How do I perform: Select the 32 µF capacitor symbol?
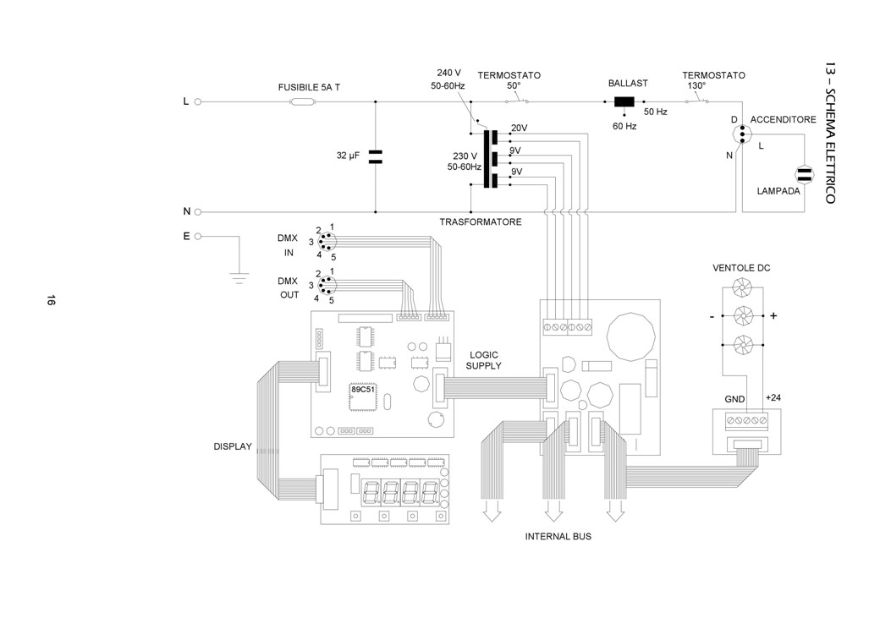click(x=376, y=156)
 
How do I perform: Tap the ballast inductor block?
click(x=624, y=102)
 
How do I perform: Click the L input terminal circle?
click(x=198, y=102)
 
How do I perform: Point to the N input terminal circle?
click(x=198, y=211)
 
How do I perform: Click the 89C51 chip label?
click(x=362, y=390)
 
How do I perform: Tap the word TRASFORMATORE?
click(x=480, y=222)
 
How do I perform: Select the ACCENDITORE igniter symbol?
click(x=741, y=135)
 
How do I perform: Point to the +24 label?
click(x=773, y=397)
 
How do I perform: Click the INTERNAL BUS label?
click(x=558, y=537)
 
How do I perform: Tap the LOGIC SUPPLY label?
click(x=483, y=360)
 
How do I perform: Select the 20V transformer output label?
click(x=519, y=129)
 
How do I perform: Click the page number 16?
click(x=51, y=301)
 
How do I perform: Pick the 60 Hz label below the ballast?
click(x=624, y=126)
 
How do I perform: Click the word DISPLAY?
click(x=233, y=446)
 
